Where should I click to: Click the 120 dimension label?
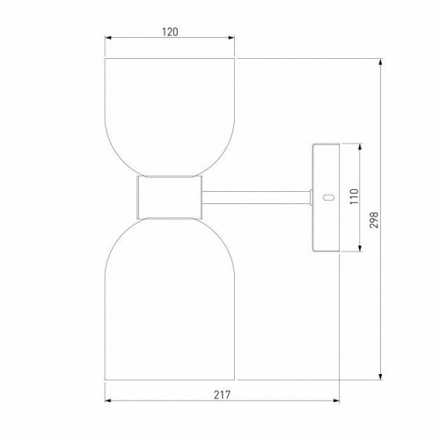point(170,32)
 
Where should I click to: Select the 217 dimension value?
point(222,395)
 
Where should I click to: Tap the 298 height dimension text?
point(374,220)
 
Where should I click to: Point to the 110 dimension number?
point(355,196)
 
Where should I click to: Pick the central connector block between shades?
point(170,197)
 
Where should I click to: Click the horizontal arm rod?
point(256,197)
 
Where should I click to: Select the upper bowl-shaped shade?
point(170,117)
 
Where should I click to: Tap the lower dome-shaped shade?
point(170,299)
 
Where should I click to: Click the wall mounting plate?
point(326,198)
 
